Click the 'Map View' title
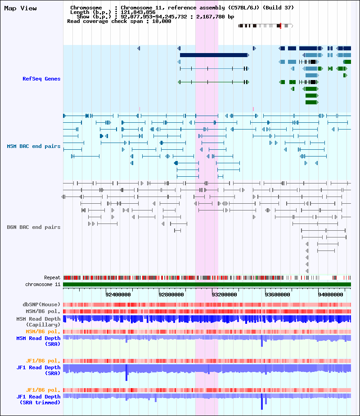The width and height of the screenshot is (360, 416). (20, 9)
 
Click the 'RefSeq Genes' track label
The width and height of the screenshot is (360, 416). (41, 79)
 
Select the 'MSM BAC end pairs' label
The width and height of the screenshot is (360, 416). (34, 146)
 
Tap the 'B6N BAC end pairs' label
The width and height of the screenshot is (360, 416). (34, 227)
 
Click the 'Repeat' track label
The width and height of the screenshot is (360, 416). (52, 278)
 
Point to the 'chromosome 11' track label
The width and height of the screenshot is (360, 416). (43, 284)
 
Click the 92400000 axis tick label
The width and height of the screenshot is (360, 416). (118, 295)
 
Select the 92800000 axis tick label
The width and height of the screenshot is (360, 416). (171, 295)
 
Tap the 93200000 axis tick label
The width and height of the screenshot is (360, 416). (225, 295)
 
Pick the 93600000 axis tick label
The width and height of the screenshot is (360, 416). (278, 295)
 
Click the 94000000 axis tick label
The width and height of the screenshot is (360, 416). (331, 295)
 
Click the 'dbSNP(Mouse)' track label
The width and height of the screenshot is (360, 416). (42, 304)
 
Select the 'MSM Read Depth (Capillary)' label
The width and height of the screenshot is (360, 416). (39, 322)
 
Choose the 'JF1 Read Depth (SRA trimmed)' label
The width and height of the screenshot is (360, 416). (39, 399)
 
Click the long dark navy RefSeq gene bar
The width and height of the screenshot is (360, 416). (213, 55)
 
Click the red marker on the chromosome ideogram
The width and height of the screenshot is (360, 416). (280, 26)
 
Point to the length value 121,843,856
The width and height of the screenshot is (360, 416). (138, 12)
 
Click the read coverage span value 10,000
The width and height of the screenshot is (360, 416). (162, 21)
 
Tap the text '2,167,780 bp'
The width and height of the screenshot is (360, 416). (215, 17)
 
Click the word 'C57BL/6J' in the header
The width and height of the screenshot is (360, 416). (245, 8)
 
